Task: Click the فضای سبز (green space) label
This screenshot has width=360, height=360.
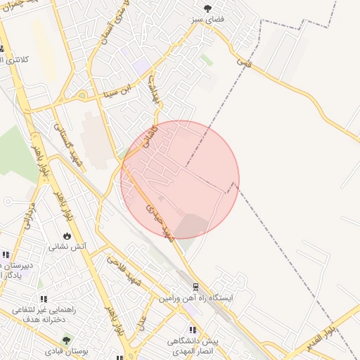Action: [209, 19]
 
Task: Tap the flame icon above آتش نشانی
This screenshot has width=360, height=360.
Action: [67, 236]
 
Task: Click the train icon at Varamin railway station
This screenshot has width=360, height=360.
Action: [195, 287]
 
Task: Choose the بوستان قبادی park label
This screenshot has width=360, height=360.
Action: [65, 350]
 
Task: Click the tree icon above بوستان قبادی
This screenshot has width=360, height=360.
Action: [66, 340]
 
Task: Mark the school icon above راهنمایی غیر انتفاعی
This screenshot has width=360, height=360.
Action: [44, 299]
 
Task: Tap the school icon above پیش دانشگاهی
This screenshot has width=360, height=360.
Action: [191, 330]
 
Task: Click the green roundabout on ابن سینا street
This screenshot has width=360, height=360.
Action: [82, 96]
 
